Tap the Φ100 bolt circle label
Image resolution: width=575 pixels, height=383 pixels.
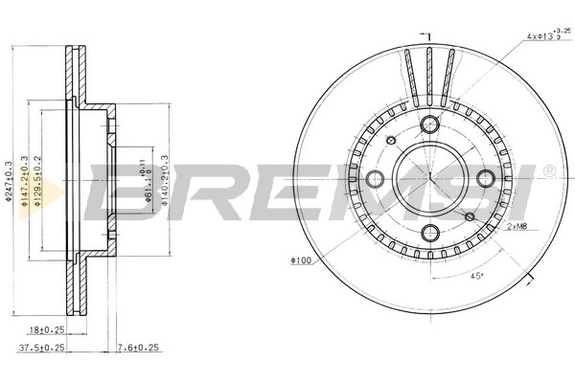tap(299, 260)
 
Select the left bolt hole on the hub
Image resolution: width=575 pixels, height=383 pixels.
tap(375, 178)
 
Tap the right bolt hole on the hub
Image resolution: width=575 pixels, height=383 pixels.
tap(486, 178)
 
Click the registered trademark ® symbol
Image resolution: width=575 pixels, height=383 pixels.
tap(548, 170)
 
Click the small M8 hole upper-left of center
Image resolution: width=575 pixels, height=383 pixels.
tap(391, 140)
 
